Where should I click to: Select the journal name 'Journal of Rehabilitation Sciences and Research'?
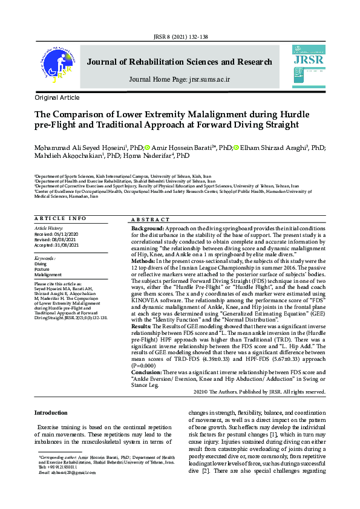point(180,62)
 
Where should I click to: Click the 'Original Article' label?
point(57,97)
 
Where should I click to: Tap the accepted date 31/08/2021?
point(65,245)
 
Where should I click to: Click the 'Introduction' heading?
point(51,412)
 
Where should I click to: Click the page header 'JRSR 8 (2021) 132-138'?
point(180,36)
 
